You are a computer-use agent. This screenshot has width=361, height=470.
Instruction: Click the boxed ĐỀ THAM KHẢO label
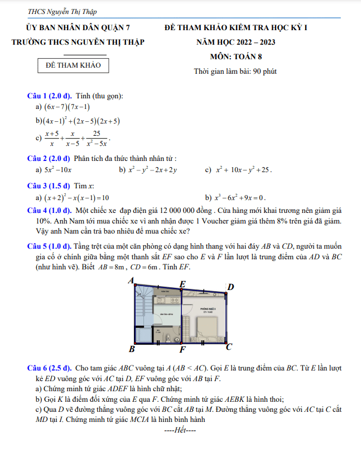coord(73,65)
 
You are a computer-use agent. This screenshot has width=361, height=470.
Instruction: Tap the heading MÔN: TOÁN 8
coord(235,56)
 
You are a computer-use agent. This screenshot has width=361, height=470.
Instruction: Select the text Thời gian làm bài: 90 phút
coord(235,71)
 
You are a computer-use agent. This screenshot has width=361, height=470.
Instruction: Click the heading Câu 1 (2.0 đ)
coord(50,96)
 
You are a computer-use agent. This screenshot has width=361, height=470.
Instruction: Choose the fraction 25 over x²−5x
coord(97,137)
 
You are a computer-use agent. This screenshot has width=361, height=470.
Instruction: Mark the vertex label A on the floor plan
coord(131,281)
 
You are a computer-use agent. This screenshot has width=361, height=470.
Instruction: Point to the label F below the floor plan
coord(182,350)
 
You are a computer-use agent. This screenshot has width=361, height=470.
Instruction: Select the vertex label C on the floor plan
coord(229,347)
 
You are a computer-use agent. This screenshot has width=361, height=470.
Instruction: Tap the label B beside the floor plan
coord(132,350)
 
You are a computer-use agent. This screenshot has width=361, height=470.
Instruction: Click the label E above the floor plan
coord(182,284)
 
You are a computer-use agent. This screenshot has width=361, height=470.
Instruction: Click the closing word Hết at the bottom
coord(180,431)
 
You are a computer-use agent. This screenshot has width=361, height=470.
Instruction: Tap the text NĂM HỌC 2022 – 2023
coord(235,42)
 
